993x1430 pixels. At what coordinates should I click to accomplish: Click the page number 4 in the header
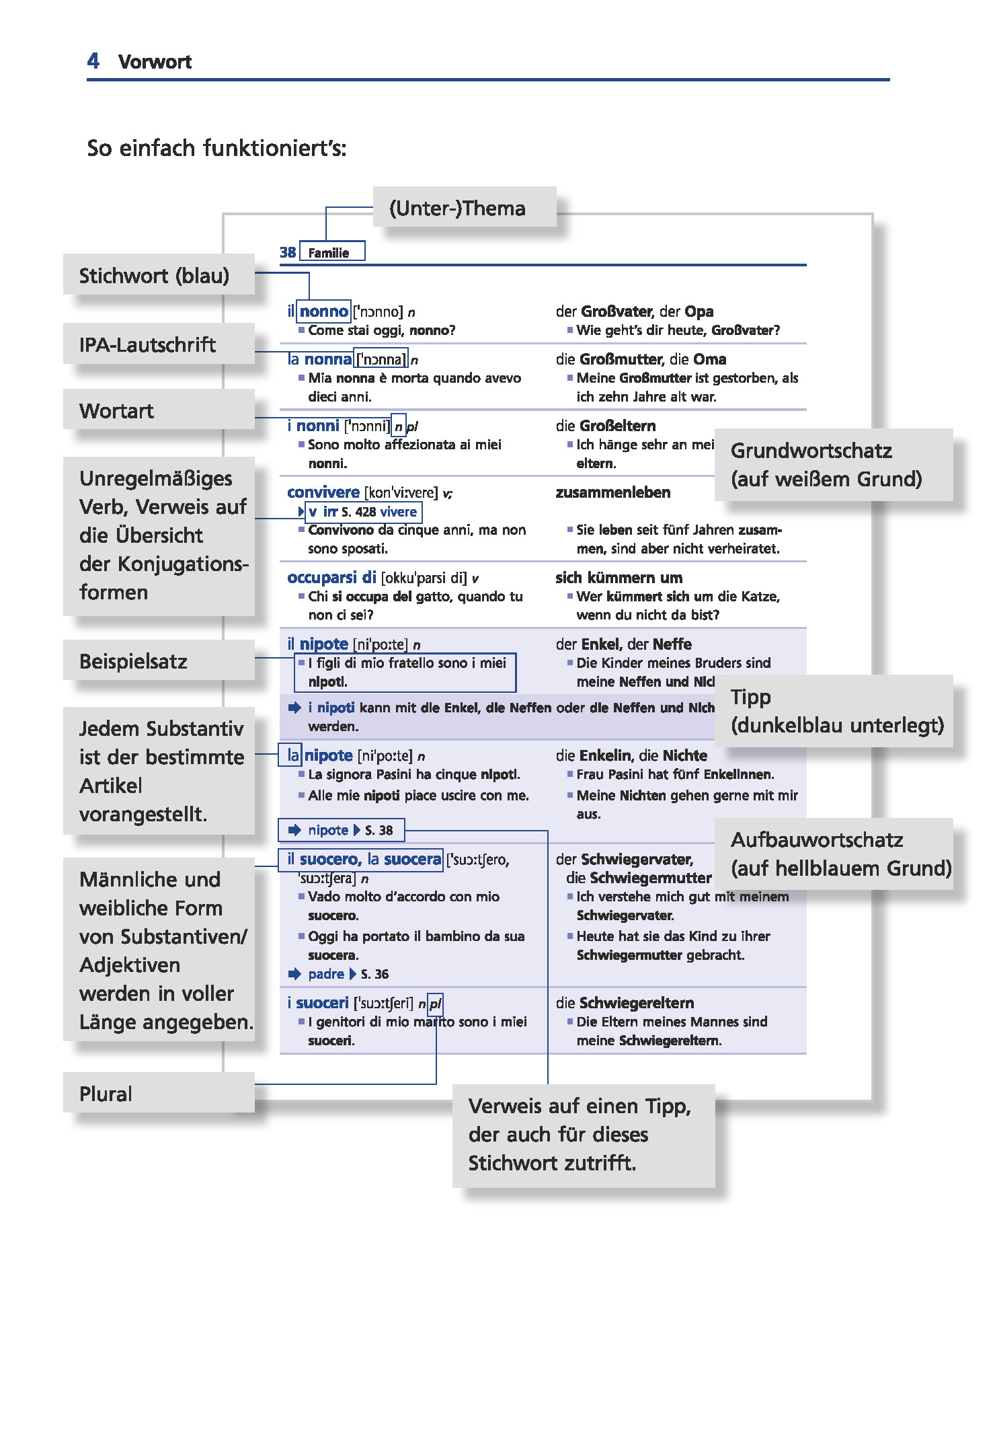[93, 61]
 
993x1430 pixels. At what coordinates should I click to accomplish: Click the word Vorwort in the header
[155, 62]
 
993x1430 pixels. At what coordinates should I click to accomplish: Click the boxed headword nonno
[323, 311]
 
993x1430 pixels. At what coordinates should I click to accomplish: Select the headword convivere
[323, 492]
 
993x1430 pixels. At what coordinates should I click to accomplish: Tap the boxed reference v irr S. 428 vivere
[363, 512]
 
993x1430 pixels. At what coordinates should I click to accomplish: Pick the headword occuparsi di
[331, 578]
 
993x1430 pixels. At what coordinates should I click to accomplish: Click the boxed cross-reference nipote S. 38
[342, 830]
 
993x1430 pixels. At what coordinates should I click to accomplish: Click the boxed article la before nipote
[293, 755]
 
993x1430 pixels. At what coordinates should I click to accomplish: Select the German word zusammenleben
[612, 492]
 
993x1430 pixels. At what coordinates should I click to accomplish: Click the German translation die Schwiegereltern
[625, 1003]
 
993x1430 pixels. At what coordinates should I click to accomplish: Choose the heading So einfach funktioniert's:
[216, 148]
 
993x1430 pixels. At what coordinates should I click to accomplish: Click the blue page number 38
[288, 252]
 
